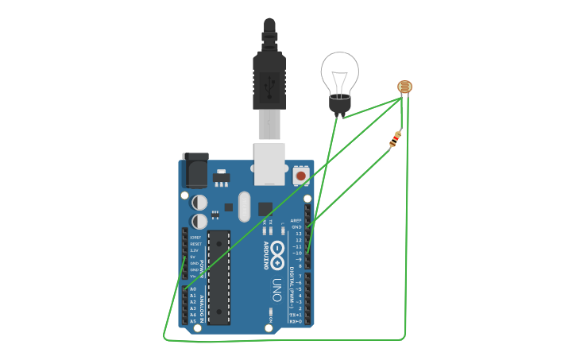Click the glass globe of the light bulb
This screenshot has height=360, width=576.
pos(339,72)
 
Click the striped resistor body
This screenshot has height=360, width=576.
pos(396,140)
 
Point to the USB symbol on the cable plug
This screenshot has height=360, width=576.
pos(269,80)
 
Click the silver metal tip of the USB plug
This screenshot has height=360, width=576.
pos(269,125)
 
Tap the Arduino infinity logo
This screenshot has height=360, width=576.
pos(277,254)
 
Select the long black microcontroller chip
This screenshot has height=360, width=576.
pos(218,277)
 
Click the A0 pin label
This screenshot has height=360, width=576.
pos(193,289)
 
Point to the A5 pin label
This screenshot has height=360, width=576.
pos(193,321)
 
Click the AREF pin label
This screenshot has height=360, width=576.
pos(296,220)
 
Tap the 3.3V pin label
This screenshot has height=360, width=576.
pos(194,250)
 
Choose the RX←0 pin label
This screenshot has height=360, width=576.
pos(295,321)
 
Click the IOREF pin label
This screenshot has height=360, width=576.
pos(195,238)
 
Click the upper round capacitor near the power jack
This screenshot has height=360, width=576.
pos(199,203)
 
